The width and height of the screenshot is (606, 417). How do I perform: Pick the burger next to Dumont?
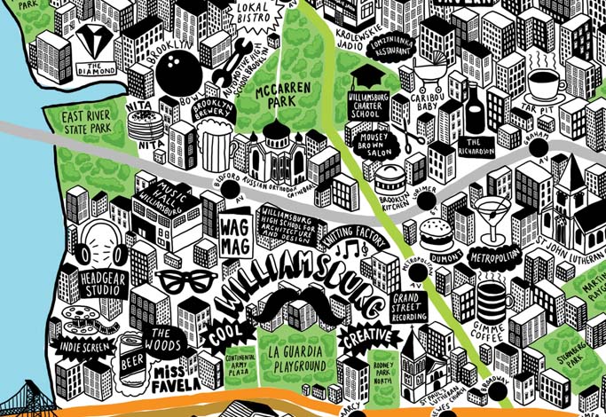[435, 235]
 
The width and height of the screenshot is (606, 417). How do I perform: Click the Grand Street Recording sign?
[409, 305]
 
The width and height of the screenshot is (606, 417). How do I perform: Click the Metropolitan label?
[492, 256]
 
